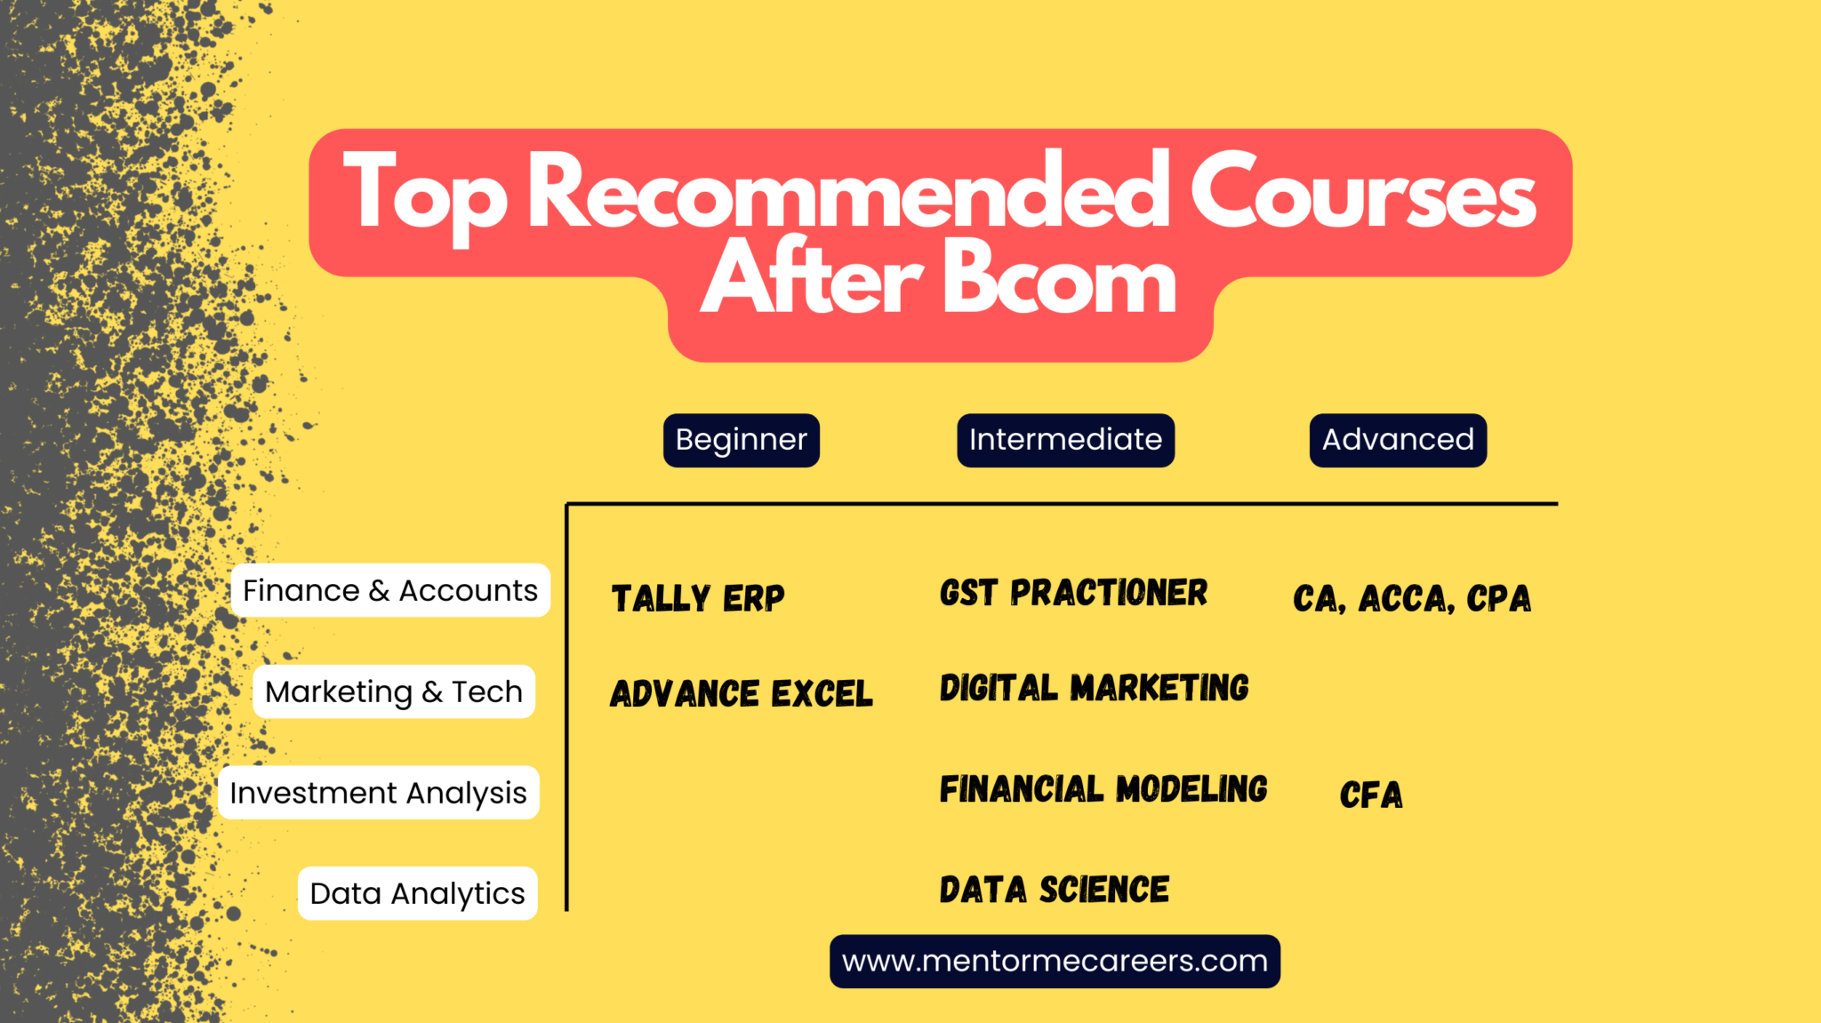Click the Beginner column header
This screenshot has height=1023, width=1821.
tap(741, 440)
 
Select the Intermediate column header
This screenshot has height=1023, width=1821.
tap(1065, 440)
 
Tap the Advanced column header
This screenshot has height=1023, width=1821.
tap(1398, 440)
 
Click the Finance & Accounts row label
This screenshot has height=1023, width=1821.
tap(390, 590)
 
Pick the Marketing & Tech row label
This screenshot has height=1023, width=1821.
tap(394, 691)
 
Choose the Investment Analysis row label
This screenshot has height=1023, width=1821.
tap(378, 792)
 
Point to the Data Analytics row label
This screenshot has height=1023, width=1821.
tap(417, 893)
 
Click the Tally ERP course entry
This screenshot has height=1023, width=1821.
tap(698, 598)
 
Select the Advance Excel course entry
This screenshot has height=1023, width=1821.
tap(742, 693)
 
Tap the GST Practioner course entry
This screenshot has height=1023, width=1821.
tap(1073, 593)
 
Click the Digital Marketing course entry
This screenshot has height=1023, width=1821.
tap(1095, 688)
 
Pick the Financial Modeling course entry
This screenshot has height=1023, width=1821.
tap(1103, 789)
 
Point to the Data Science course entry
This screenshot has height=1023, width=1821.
tap(1055, 890)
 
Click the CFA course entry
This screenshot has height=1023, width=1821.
tap(1371, 795)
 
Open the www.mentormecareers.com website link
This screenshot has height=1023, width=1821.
tap(1055, 961)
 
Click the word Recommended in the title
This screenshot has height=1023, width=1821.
tap(849, 191)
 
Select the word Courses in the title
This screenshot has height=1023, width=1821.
tap(1363, 191)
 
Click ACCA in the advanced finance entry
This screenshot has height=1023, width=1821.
tap(1406, 599)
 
